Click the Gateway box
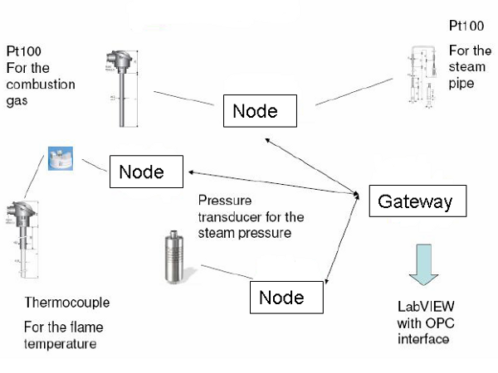(415, 201)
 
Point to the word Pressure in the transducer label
(222, 201)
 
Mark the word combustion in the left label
(41, 84)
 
